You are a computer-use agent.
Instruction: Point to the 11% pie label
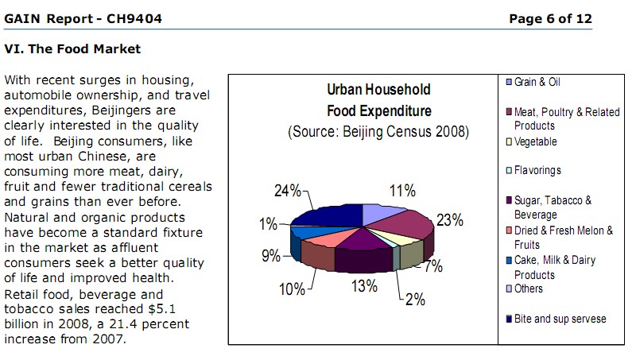402,191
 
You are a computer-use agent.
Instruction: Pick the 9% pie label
270,256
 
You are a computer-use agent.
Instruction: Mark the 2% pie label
415,300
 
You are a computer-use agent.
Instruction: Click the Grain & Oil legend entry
537,83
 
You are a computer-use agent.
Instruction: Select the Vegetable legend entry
535,142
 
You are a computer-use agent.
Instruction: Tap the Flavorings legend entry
537,171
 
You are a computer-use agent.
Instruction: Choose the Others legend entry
529,289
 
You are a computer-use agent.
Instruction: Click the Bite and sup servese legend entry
560,319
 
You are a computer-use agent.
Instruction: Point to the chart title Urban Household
378,90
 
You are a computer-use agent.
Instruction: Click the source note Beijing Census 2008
378,131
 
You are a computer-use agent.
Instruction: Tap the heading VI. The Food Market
72,49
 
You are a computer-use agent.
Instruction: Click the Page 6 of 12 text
550,19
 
